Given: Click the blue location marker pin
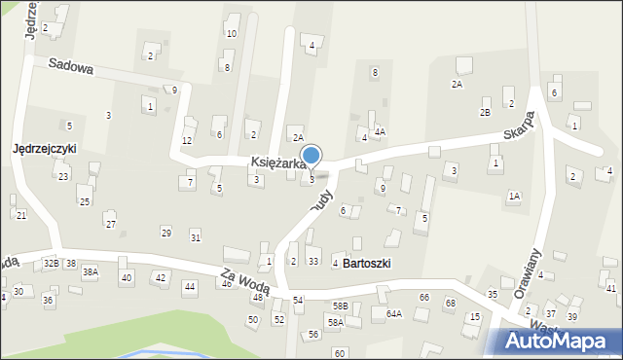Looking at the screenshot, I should pos(311,156).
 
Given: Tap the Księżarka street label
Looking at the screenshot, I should pos(278,163).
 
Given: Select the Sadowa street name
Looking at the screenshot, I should pos(70,68).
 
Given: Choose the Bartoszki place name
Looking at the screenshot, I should pos(367,264).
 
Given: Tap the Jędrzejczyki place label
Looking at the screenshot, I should pos(44,149).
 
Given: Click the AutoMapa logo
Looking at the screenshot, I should pos(559,342).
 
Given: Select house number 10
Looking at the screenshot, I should pos(231,34).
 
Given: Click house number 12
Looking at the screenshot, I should pos(187,141).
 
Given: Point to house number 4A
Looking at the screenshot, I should pos(380,132).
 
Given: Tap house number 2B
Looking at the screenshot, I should pos(485,113).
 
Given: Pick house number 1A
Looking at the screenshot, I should pos(514,197).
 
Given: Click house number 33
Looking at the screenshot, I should pos(312,262).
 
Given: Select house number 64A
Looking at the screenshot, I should pos(393,313).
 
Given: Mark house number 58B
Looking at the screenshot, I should pos(339,306).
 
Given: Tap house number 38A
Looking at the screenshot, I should pos(90,272).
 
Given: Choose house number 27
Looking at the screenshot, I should pos(111,225).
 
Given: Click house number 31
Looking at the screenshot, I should pos(196,238).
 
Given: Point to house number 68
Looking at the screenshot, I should pos(450,304).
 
